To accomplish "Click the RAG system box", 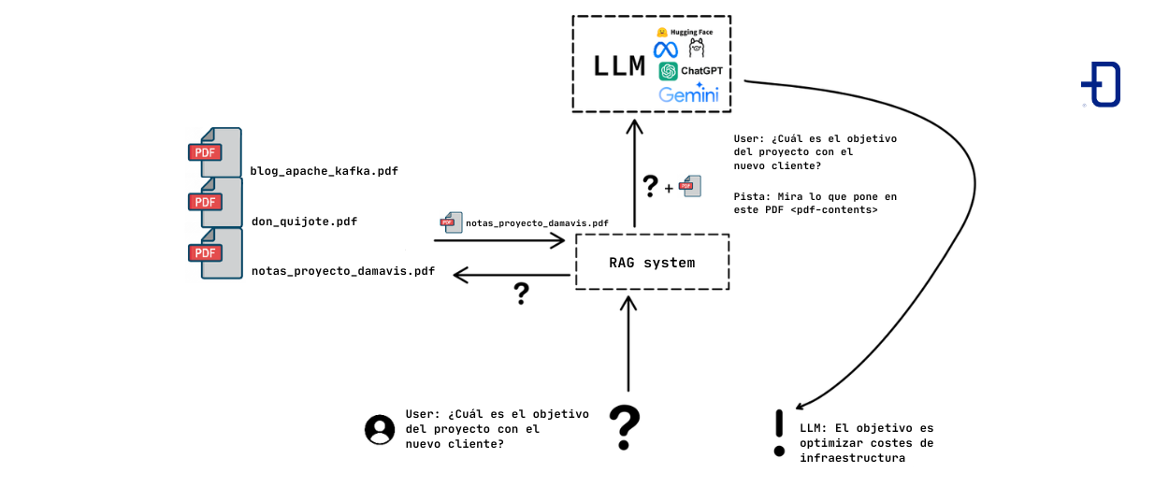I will coord(652,263).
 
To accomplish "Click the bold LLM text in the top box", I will coord(620,65).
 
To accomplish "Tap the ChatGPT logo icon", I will coord(668,71).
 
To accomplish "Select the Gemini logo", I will coord(688,94).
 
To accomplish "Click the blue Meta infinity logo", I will coord(666,50).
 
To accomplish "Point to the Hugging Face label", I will coord(691,32).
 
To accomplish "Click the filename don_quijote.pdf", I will coord(304,222).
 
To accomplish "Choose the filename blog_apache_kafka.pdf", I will coord(324,171).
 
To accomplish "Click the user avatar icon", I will coord(380,429).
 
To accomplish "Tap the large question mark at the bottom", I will coord(625,428).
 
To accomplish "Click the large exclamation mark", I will coord(779,434).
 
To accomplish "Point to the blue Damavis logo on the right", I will coord(1102,85).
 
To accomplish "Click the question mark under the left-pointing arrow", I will coord(522,294).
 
